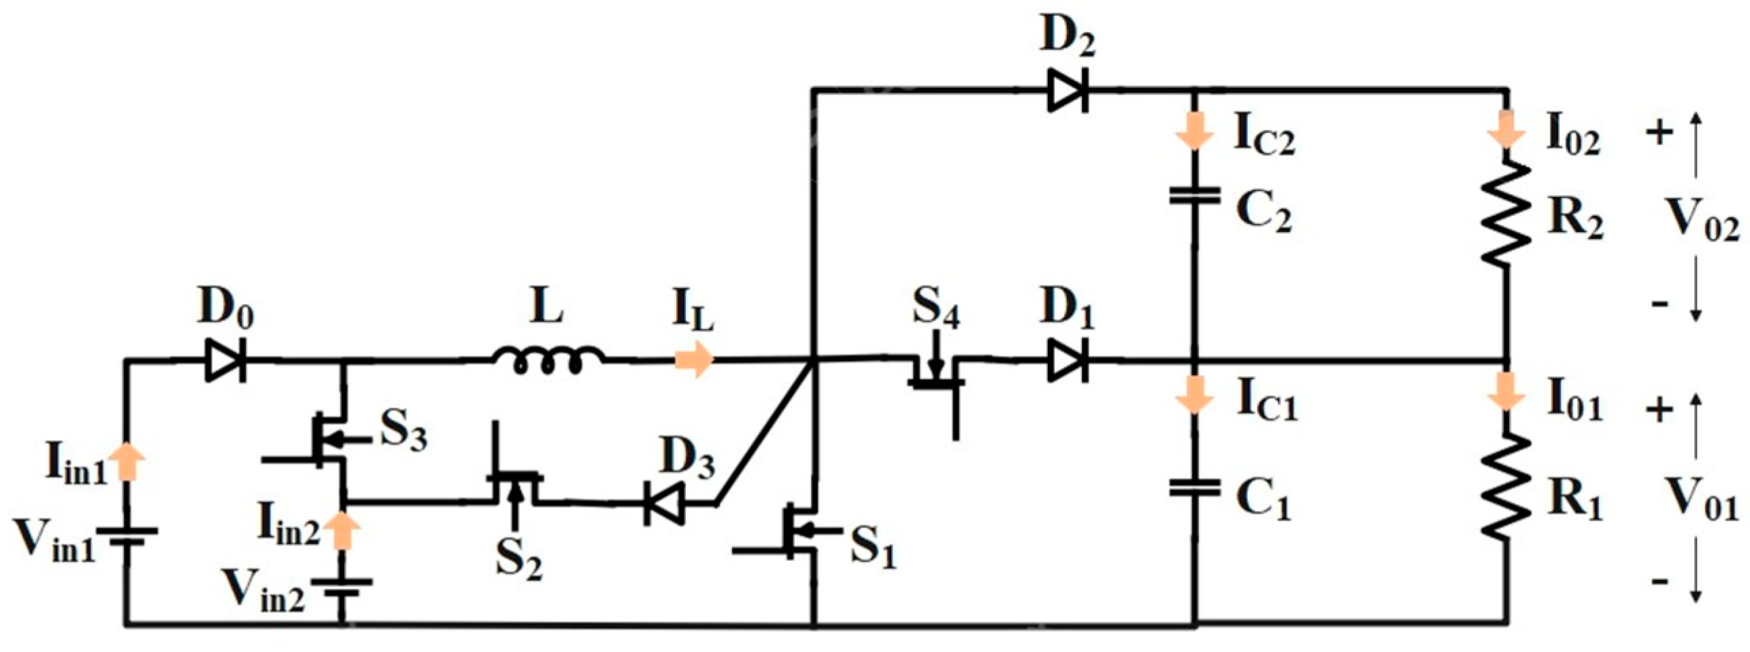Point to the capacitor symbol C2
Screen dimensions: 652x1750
click(x=1194, y=197)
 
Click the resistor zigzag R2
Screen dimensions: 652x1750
click(x=1507, y=214)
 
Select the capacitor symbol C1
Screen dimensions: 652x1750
click(x=1194, y=487)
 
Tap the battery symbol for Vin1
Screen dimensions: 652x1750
click(x=125, y=537)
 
